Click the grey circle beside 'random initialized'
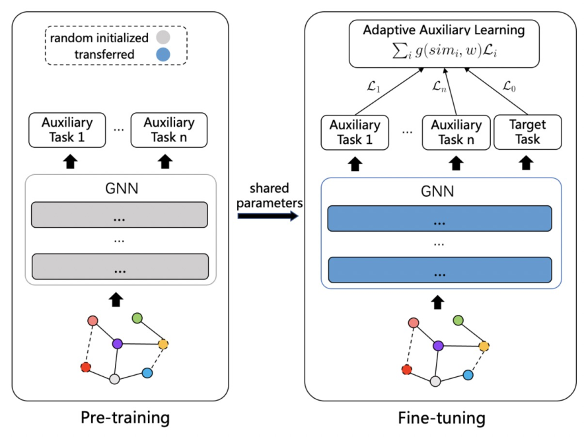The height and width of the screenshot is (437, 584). (x=163, y=37)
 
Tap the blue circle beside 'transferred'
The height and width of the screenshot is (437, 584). (x=163, y=54)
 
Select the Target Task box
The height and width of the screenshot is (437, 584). (x=527, y=132)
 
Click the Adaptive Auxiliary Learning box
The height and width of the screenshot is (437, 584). (x=444, y=44)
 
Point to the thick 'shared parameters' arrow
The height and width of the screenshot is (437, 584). (x=268, y=216)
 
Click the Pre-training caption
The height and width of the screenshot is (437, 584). (x=125, y=418)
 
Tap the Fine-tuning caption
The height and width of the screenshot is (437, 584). (x=442, y=418)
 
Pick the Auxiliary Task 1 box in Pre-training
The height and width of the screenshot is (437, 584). (x=67, y=130)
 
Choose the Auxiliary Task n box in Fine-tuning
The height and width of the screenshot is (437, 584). (x=456, y=133)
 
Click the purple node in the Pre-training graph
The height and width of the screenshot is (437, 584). (x=118, y=343)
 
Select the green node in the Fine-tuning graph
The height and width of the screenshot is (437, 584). (x=458, y=320)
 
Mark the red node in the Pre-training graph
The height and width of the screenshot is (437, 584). (x=86, y=367)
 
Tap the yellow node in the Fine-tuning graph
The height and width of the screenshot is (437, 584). (x=484, y=347)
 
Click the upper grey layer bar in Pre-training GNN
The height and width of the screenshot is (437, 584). (x=120, y=215)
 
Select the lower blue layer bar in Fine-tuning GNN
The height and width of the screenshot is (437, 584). (x=440, y=270)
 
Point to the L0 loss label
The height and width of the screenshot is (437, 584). (x=509, y=86)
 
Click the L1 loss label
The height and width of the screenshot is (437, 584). (x=373, y=87)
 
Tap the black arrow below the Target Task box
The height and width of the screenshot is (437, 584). (x=526, y=162)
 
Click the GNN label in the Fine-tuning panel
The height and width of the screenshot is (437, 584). (x=437, y=191)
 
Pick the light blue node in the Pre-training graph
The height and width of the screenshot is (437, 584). (x=147, y=372)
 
